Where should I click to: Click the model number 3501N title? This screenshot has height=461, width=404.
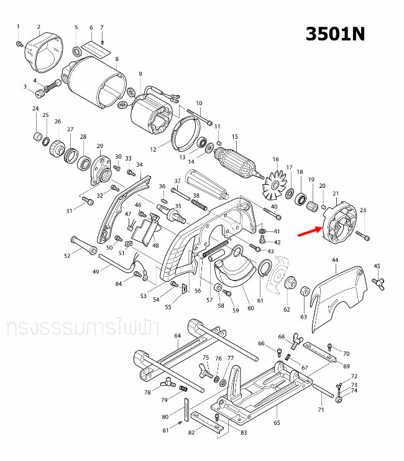pyautogui.click(x=334, y=34)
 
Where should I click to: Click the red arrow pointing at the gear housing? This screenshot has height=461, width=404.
pyautogui.click(x=308, y=233)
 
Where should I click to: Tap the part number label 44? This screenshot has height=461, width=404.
pyautogui.click(x=335, y=259)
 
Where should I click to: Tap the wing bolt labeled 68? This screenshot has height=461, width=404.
pyautogui.click(x=292, y=340)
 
